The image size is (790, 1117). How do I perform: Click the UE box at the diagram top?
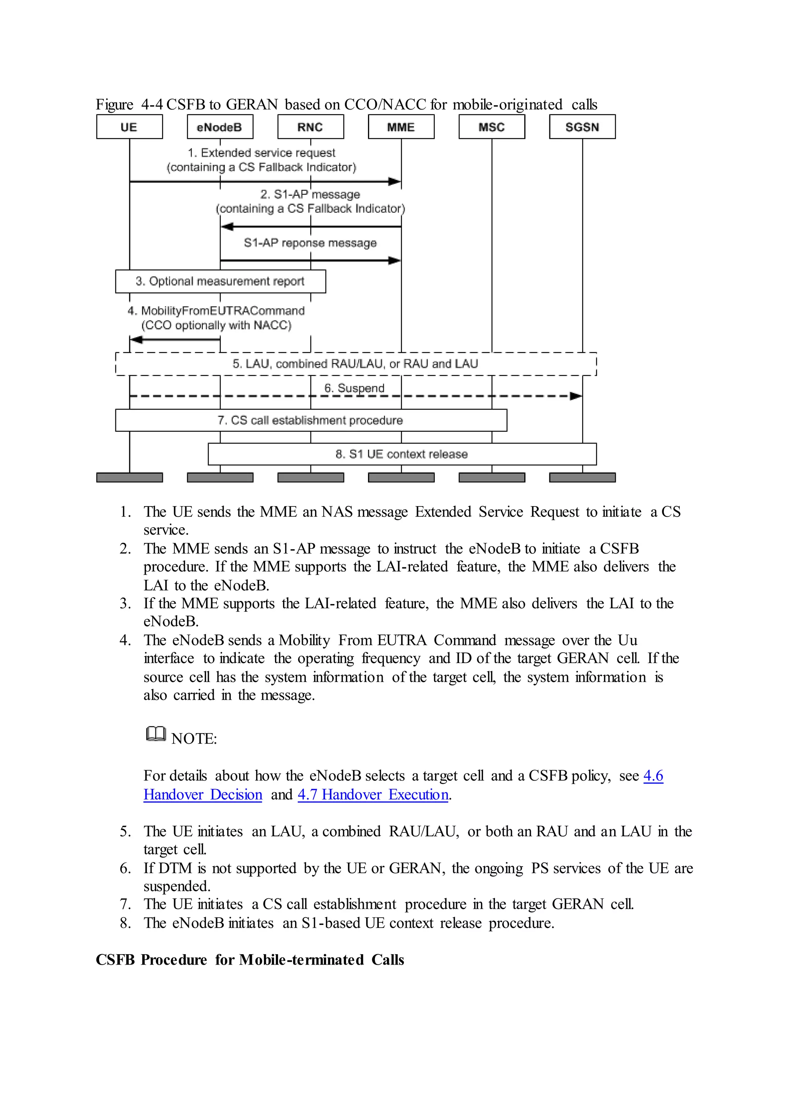point(129,127)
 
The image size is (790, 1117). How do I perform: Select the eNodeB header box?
point(220,127)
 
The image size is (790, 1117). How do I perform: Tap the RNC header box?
point(311,127)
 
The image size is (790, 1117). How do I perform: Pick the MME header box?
point(401,127)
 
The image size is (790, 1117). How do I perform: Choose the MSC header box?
point(491,127)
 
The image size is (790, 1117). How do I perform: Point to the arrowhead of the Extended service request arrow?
point(395,181)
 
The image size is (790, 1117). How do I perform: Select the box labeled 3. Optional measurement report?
point(220,281)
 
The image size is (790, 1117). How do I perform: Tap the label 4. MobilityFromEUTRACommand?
point(216,311)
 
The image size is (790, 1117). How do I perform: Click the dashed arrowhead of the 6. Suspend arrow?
point(576,396)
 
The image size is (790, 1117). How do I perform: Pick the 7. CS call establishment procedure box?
point(311,420)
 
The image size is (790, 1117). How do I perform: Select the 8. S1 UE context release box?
point(402,454)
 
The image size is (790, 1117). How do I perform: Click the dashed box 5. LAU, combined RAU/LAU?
point(356,364)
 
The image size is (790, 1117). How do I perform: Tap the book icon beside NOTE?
point(156,734)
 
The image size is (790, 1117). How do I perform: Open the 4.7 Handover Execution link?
point(373,795)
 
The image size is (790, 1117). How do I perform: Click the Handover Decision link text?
point(203,795)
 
